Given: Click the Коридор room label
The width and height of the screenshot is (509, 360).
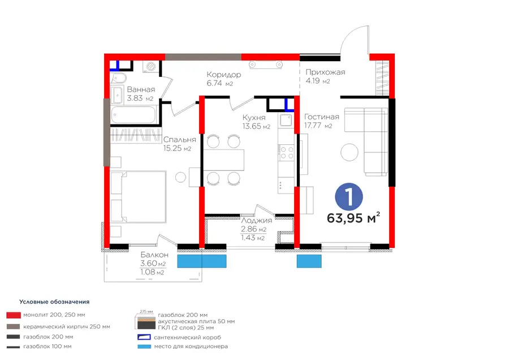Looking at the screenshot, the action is tap(223, 75).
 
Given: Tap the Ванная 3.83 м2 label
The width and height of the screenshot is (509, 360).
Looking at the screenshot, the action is tap(141, 94).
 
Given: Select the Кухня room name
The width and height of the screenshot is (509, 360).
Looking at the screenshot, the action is tap(254, 117).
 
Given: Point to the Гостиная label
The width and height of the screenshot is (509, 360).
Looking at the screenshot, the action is tap(321, 117).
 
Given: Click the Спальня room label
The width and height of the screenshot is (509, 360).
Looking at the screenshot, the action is tap(179, 140).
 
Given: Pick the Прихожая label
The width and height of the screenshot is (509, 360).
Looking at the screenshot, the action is tap(325, 72).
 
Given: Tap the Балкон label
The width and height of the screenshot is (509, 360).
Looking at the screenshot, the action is tap(154, 255).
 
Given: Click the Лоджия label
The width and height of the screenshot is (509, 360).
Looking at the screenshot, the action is tap(256, 220).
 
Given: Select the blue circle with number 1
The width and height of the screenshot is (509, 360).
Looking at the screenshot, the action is tap(349, 196).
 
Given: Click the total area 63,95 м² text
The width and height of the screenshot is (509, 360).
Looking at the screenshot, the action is tap(353, 218).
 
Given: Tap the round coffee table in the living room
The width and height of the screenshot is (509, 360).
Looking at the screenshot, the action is tap(350, 152).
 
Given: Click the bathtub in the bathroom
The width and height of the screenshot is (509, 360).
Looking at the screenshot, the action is tap(133, 115).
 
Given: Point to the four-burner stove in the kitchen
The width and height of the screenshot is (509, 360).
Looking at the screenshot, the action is tap(286, 153).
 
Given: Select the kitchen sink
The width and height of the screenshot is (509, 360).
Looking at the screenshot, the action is tap(286, 120).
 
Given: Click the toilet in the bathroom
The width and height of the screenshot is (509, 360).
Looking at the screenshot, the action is tap(118, 78).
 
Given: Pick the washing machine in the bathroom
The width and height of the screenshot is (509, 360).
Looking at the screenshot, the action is tap(150, 67).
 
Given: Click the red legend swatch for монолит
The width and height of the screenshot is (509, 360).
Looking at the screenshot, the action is tap(14, 315).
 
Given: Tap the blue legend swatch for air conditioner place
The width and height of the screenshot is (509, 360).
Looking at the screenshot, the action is tap(144, 346).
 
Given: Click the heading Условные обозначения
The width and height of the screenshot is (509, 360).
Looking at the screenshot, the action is tap(54, 302).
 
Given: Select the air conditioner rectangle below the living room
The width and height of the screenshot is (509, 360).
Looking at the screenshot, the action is tap(309, 262).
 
